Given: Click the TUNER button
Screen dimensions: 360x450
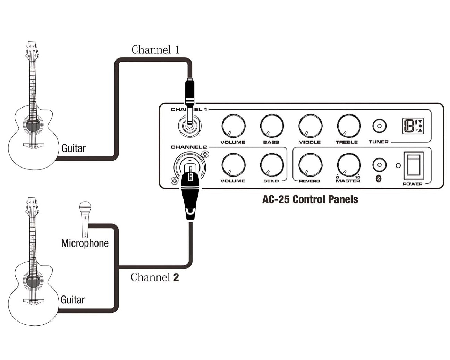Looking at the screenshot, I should (x=379, y=126).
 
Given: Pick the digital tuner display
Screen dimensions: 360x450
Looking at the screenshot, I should (x=413, y=126).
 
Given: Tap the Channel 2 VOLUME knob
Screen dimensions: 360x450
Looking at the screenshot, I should (x=233, y=165).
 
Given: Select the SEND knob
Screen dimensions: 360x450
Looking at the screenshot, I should (x=272, y=165).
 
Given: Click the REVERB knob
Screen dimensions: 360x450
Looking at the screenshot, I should (x=310, y=165).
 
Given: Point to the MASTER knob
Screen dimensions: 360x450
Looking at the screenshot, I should (x=348, y=165).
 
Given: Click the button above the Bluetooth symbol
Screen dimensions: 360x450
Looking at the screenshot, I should (x=379, y=165).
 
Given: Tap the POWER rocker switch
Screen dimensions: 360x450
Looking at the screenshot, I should (x=413, y=165).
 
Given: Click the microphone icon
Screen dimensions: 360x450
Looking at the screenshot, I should (x=85, y=218).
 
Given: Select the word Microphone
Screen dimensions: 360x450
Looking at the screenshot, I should (x=85, y=243).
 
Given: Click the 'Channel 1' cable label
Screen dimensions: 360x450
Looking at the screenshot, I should (x=155, y=50).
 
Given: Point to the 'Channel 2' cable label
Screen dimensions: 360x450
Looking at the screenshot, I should (x=155, y=277).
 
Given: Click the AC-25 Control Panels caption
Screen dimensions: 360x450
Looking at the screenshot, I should (x=310, y=199).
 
